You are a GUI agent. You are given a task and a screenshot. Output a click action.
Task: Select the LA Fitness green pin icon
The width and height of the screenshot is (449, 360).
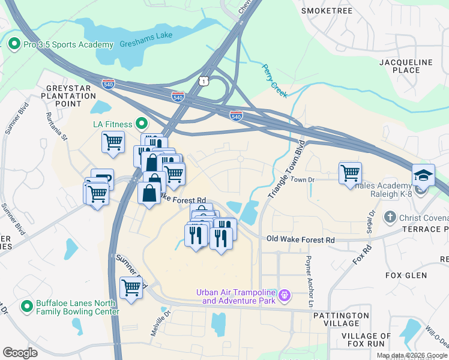142,124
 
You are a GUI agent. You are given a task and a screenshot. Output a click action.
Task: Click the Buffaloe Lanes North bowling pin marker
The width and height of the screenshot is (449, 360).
26,307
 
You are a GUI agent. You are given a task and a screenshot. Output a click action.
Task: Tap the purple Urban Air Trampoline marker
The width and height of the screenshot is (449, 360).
285,296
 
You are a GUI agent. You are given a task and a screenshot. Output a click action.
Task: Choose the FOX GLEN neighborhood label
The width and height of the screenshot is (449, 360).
406,275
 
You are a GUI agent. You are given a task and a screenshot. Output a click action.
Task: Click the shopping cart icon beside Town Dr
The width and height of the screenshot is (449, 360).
350,173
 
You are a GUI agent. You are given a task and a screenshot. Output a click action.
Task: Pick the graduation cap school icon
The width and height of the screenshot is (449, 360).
423,175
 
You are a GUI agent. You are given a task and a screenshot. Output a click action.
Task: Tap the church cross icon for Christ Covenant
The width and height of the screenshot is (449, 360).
390,217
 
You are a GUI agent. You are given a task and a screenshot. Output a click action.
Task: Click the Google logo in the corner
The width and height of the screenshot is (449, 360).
20,352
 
